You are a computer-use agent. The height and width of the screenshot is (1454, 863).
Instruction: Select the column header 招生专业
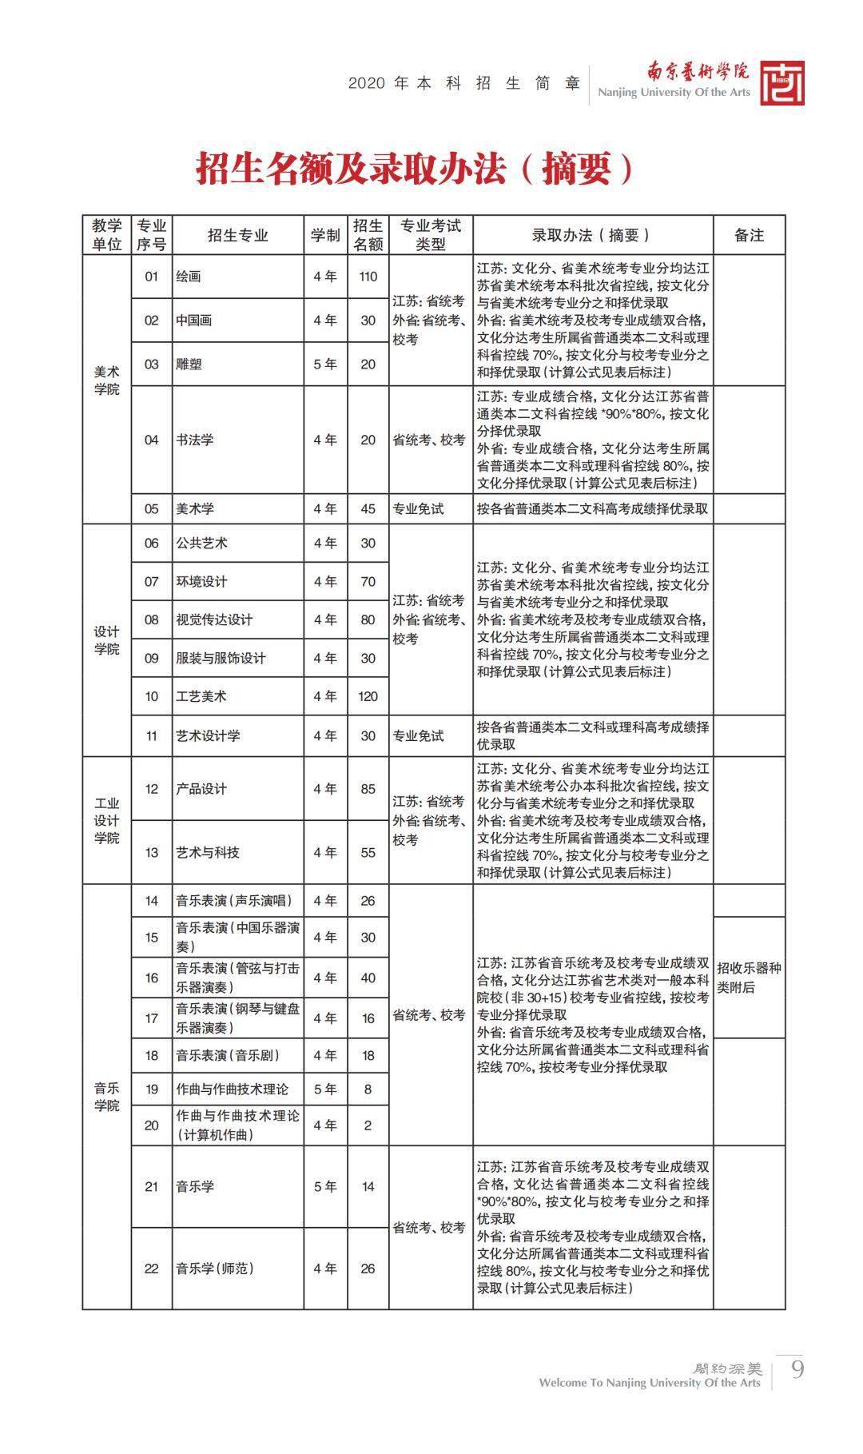click(237, 235)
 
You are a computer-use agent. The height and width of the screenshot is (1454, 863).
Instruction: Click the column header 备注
click(749, 235)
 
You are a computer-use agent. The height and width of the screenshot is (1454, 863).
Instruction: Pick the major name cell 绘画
click(189, 277)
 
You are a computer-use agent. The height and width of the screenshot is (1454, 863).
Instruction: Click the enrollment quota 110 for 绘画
click(368, 277)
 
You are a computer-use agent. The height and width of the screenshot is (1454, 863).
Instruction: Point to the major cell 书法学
click(195, 440)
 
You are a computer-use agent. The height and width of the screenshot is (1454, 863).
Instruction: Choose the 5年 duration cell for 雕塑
click(325, 364)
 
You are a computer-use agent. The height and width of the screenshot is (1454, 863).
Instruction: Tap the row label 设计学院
click(106, 639)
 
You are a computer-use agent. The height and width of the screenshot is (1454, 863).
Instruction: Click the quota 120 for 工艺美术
click(368, 696)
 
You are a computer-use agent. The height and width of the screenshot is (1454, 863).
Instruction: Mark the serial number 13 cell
click(152, 852)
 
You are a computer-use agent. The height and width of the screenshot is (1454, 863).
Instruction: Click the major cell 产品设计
click(201, 788)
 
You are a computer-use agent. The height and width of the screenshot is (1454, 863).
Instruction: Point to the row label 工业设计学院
click(106, 820)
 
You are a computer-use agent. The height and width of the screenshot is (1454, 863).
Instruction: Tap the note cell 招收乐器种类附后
click(749, 977)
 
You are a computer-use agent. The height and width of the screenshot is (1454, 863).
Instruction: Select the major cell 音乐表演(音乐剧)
click(229, 1055)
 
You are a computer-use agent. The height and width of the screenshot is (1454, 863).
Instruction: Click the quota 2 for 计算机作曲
click(368, 1125)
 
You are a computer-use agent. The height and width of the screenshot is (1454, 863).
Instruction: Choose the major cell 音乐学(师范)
click(215, 1268)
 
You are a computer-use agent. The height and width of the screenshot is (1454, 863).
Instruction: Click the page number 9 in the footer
click(797, 1369)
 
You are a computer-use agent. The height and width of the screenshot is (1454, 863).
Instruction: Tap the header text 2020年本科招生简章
click(464, 83)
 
